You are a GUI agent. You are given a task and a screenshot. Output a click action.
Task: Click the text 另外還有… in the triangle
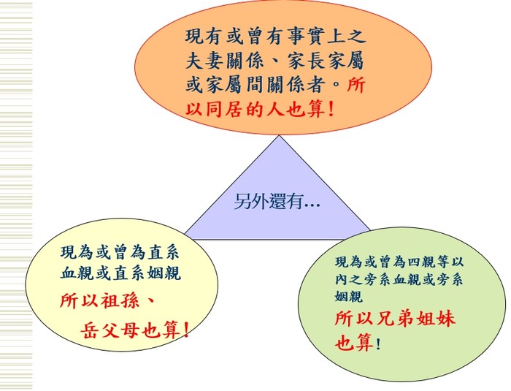click(277, 202)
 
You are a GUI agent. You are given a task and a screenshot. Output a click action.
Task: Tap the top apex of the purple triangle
click(280, 135)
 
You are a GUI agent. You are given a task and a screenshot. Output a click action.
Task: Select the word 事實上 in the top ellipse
click(315, 37)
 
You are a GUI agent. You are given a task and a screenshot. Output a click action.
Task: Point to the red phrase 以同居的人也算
click(255, 109)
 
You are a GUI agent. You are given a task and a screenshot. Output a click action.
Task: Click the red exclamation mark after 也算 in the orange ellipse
click(331, 109)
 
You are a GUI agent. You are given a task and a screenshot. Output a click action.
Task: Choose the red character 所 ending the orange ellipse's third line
click(356, 85)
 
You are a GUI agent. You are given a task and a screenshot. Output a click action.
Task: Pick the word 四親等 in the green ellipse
click(429, 262)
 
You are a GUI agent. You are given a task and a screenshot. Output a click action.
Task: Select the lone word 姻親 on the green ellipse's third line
click(348, 296)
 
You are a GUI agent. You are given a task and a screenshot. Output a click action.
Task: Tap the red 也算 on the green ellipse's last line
click(354, 343)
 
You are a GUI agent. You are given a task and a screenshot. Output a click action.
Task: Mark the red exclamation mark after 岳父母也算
click(186, 330)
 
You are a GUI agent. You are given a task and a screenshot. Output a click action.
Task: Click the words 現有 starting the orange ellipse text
click(204, 37)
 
